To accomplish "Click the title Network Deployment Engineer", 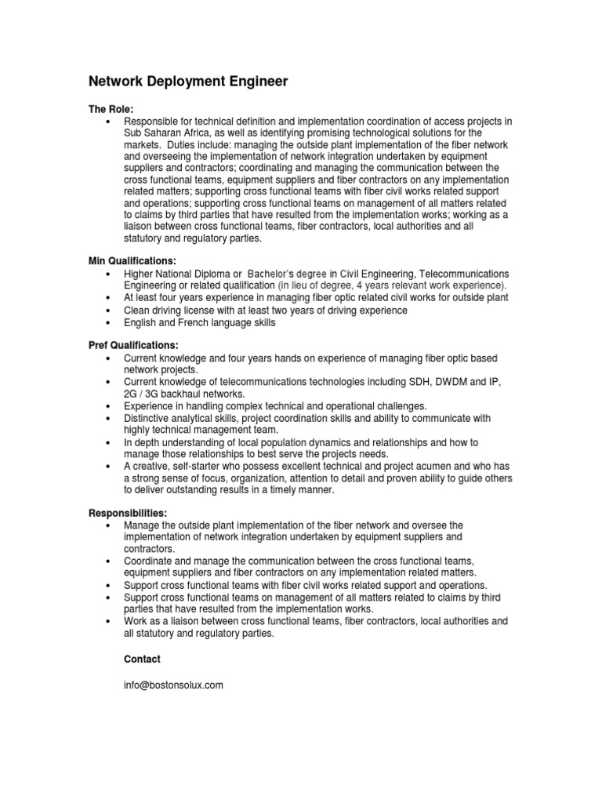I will click(187, 81).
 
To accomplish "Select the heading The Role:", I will click(110, 109).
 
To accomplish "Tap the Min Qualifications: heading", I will click(131, 260).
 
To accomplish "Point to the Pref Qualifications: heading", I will click(132, 345).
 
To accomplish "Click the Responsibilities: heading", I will click(127, 512).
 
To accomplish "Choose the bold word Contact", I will click(142, 659).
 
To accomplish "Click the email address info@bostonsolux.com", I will click(174, 685).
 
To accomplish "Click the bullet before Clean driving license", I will click(106, 311).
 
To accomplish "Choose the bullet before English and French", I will click(106, 322).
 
